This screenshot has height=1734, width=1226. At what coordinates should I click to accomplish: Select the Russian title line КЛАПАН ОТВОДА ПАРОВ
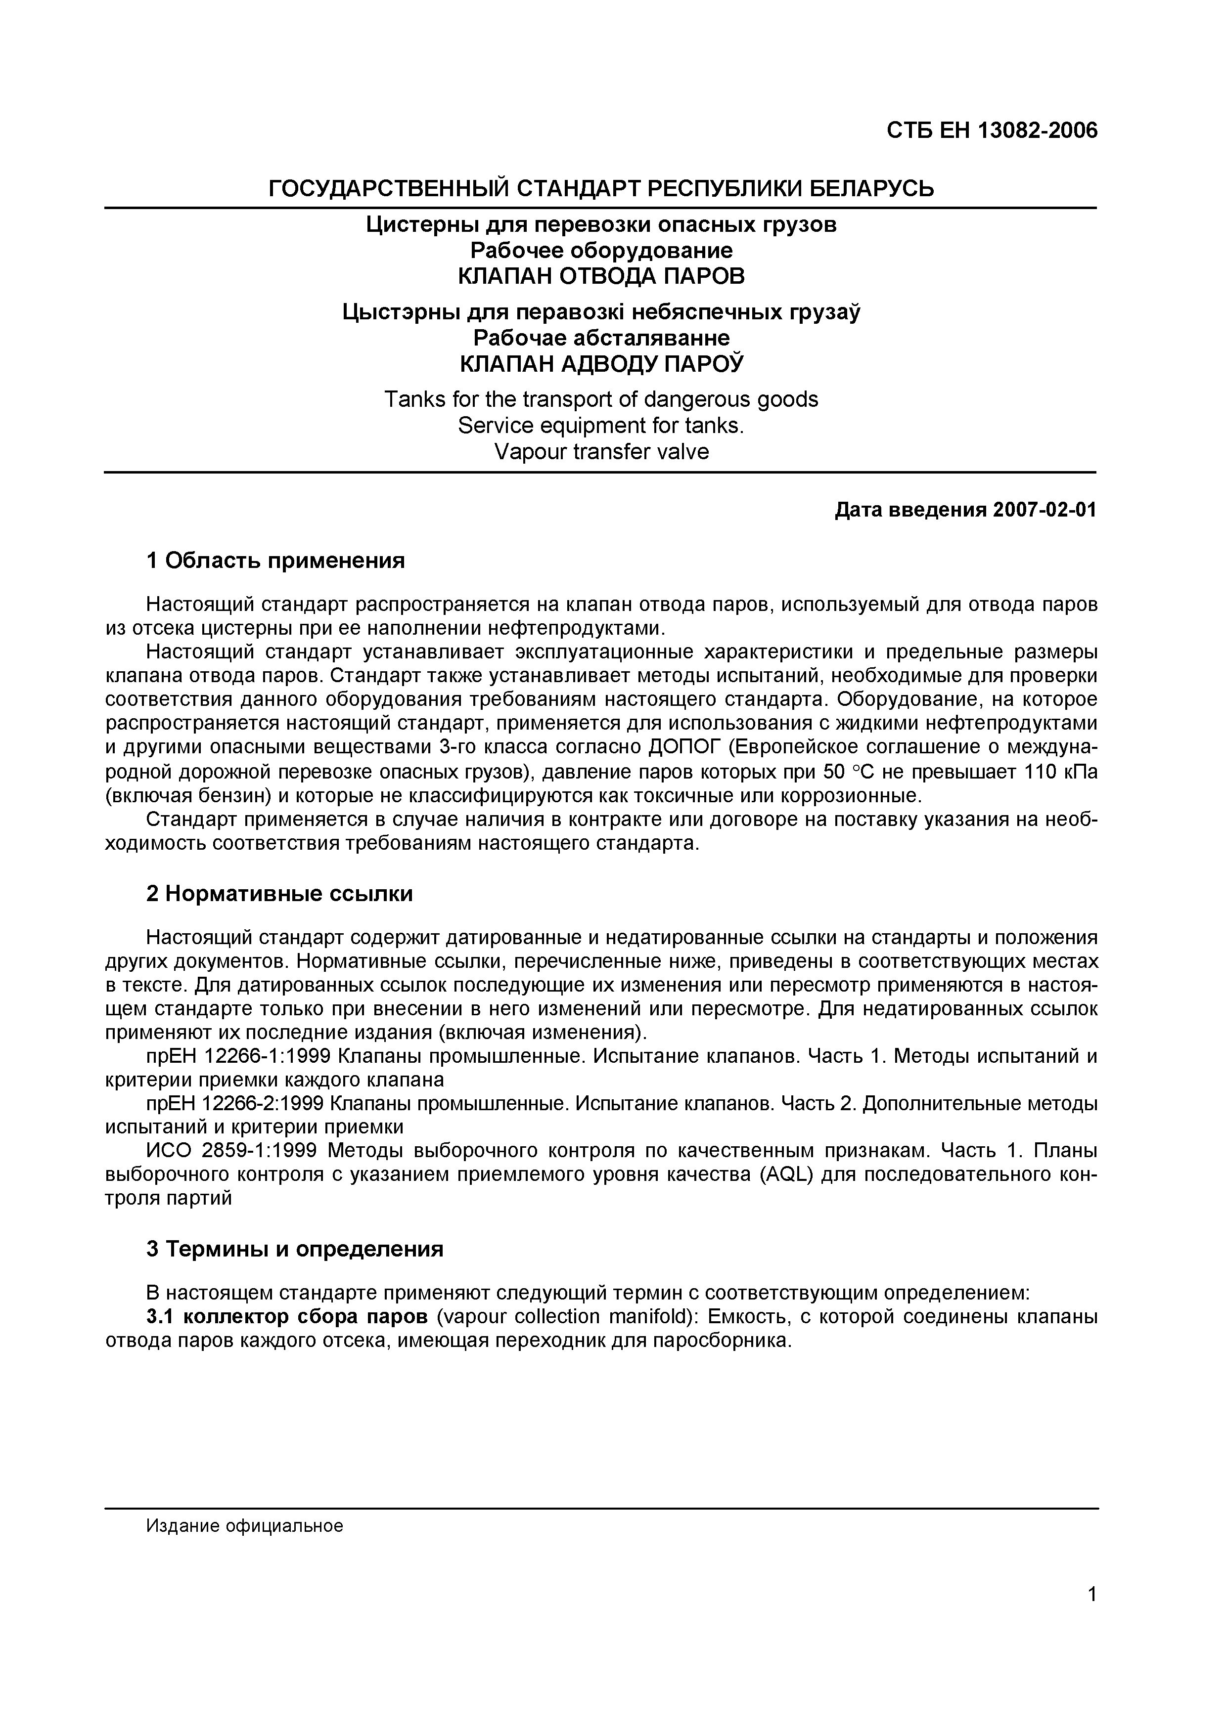pos(601,276)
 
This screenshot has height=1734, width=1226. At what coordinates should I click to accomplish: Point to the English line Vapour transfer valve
pos(601,452)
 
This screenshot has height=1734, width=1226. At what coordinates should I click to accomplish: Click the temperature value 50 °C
pos(850,772)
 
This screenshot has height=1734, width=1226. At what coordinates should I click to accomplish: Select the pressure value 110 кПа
pos(1060,772)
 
